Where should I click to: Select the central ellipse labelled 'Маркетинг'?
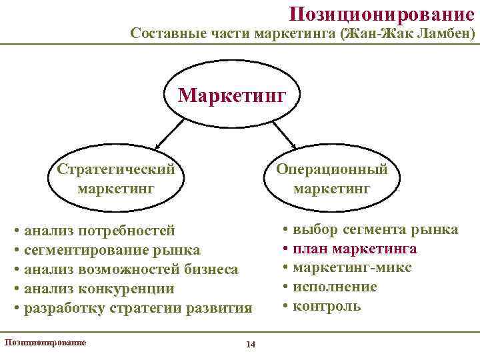point(231,95)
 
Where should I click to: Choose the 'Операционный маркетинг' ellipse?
point(331,178)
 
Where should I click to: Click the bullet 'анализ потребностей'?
point(99,231)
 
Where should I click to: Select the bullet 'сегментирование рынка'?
point(111,250)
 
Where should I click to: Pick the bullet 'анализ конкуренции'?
point(99,289)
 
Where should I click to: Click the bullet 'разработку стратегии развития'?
point(137,308)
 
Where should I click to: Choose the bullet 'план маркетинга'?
point(355,249)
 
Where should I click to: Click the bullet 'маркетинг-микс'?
point(352,267)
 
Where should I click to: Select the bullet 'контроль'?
point(327,306)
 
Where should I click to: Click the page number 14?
point(251,344)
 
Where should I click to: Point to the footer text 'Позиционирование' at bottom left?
point(45,341)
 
